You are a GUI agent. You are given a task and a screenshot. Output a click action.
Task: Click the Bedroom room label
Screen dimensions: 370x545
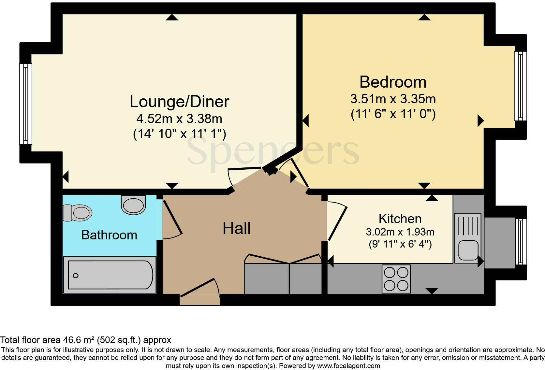click(x=393, y=82)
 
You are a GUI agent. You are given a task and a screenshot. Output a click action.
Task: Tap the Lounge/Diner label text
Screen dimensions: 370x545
click(x=179, y=102)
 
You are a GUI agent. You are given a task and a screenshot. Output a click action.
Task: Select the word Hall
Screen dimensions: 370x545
click(x=236, y=228)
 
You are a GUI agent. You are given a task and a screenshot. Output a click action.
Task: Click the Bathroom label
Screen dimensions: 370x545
click(x=109, y=235)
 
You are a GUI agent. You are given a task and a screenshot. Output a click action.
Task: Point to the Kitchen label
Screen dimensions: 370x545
click(x=400, y=219)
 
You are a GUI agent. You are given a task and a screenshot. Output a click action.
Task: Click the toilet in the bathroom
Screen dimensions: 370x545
click(x=78, y=213)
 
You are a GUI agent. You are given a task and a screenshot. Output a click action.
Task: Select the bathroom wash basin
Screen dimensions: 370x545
click(x=133, y=205)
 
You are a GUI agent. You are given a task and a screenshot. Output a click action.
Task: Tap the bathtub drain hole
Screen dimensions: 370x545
click(x=76, y=276)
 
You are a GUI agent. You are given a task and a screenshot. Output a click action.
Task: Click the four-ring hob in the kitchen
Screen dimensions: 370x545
click(x=396, y=279)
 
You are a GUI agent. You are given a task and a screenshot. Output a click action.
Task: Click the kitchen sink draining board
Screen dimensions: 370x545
click(x=468, y=225)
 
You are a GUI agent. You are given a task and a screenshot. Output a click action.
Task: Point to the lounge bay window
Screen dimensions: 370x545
click(x=26, y=104)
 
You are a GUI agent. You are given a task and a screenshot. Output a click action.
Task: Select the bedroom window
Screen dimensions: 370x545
click(x=520, y=86)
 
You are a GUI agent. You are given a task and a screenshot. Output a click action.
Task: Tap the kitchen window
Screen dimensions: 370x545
click(x=521, y=242)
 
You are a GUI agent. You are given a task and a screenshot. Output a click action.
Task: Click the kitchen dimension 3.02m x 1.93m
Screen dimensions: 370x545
click(x=400, y=232)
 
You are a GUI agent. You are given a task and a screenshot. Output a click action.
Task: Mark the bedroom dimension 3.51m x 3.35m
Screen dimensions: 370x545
click(x=393, y=99)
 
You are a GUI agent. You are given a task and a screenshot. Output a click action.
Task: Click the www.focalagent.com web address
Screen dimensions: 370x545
click(x=348, y=366)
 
